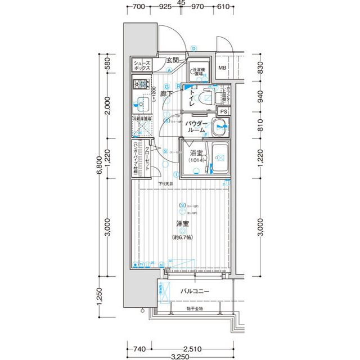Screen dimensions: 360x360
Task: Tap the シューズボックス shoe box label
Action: pyautogui.click(x=141, y=65)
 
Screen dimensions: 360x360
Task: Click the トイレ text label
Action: pyautogui.click(x=192, y=98)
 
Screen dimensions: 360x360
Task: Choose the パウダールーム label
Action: pyautogui.click(x=197, y=127)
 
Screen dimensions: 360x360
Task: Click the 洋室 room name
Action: pyautogui.click(x=182, y=224)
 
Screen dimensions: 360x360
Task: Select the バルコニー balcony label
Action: pyautogui.click(x=195, y=291)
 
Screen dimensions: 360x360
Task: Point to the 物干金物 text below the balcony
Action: pyautogui.click(x=195, y=309)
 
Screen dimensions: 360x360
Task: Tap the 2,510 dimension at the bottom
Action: pyautogui.click(x=193, y=349)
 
